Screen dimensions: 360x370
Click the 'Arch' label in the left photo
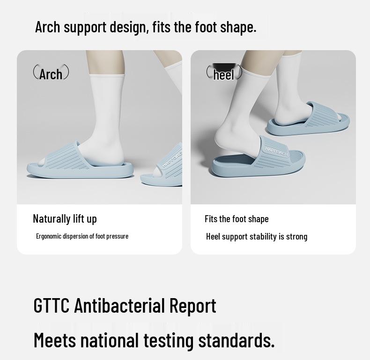(51, 74)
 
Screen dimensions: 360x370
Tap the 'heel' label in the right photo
(223, 75)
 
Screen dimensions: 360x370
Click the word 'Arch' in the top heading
(48, 27)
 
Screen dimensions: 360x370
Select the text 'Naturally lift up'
(65, 218)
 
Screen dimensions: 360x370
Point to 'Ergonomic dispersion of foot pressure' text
(82, 236)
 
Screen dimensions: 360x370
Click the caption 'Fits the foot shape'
(237, 219)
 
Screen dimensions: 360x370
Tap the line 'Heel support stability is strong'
(257, 236)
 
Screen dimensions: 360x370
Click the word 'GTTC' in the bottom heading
(51, 306)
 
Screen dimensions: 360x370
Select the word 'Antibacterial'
(119, 306)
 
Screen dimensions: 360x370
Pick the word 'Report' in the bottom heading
(192, 306)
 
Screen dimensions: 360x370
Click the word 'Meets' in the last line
(54, 340)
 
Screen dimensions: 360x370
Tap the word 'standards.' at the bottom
(236, 340)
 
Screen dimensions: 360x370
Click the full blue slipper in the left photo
(80, 164)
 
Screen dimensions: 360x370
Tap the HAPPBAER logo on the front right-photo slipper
(277, 151)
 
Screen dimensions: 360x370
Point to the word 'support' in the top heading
(85, 27)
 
